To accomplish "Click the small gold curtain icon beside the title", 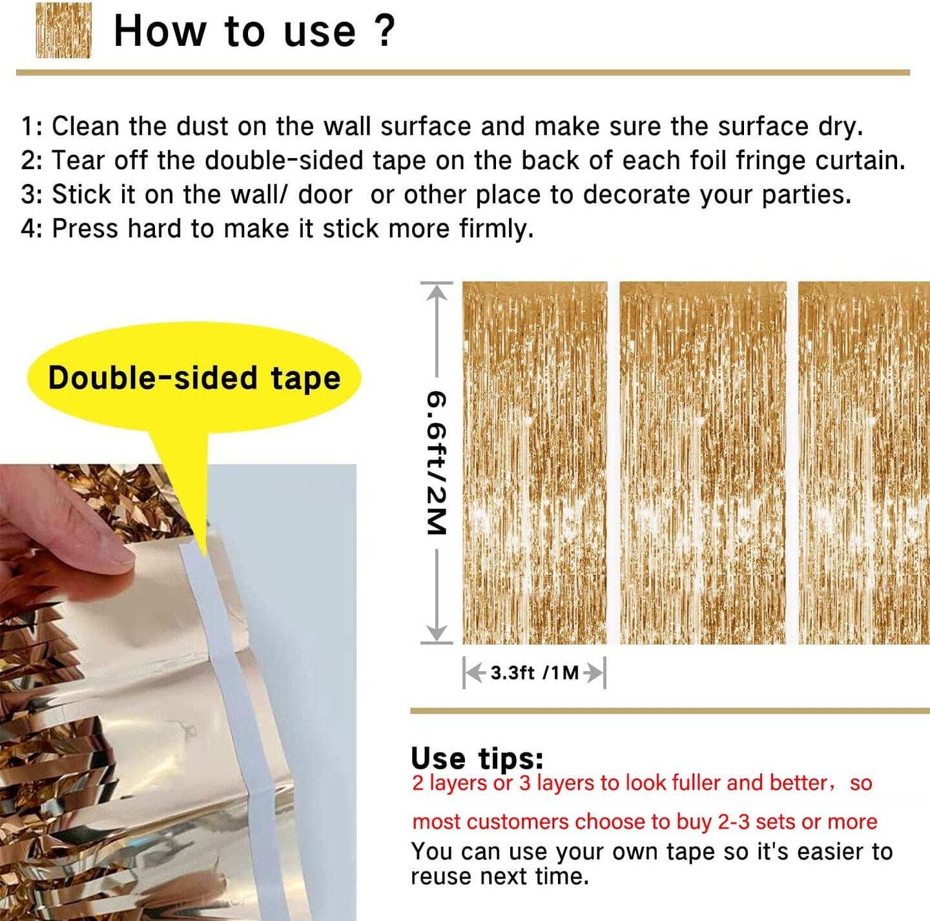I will coord(63,30).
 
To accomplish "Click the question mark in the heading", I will coord(385,30).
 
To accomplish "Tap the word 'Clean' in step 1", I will coord(85,127).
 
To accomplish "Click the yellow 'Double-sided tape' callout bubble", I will coord(194,378).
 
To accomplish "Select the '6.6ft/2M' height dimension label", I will coord(437,463).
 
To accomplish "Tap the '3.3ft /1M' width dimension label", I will coord(534,673).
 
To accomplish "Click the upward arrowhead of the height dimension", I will coord(437,292).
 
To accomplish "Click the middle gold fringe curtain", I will coord(703,463).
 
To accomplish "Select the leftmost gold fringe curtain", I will coord(535,463).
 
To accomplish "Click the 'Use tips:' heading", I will coord(477,758).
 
